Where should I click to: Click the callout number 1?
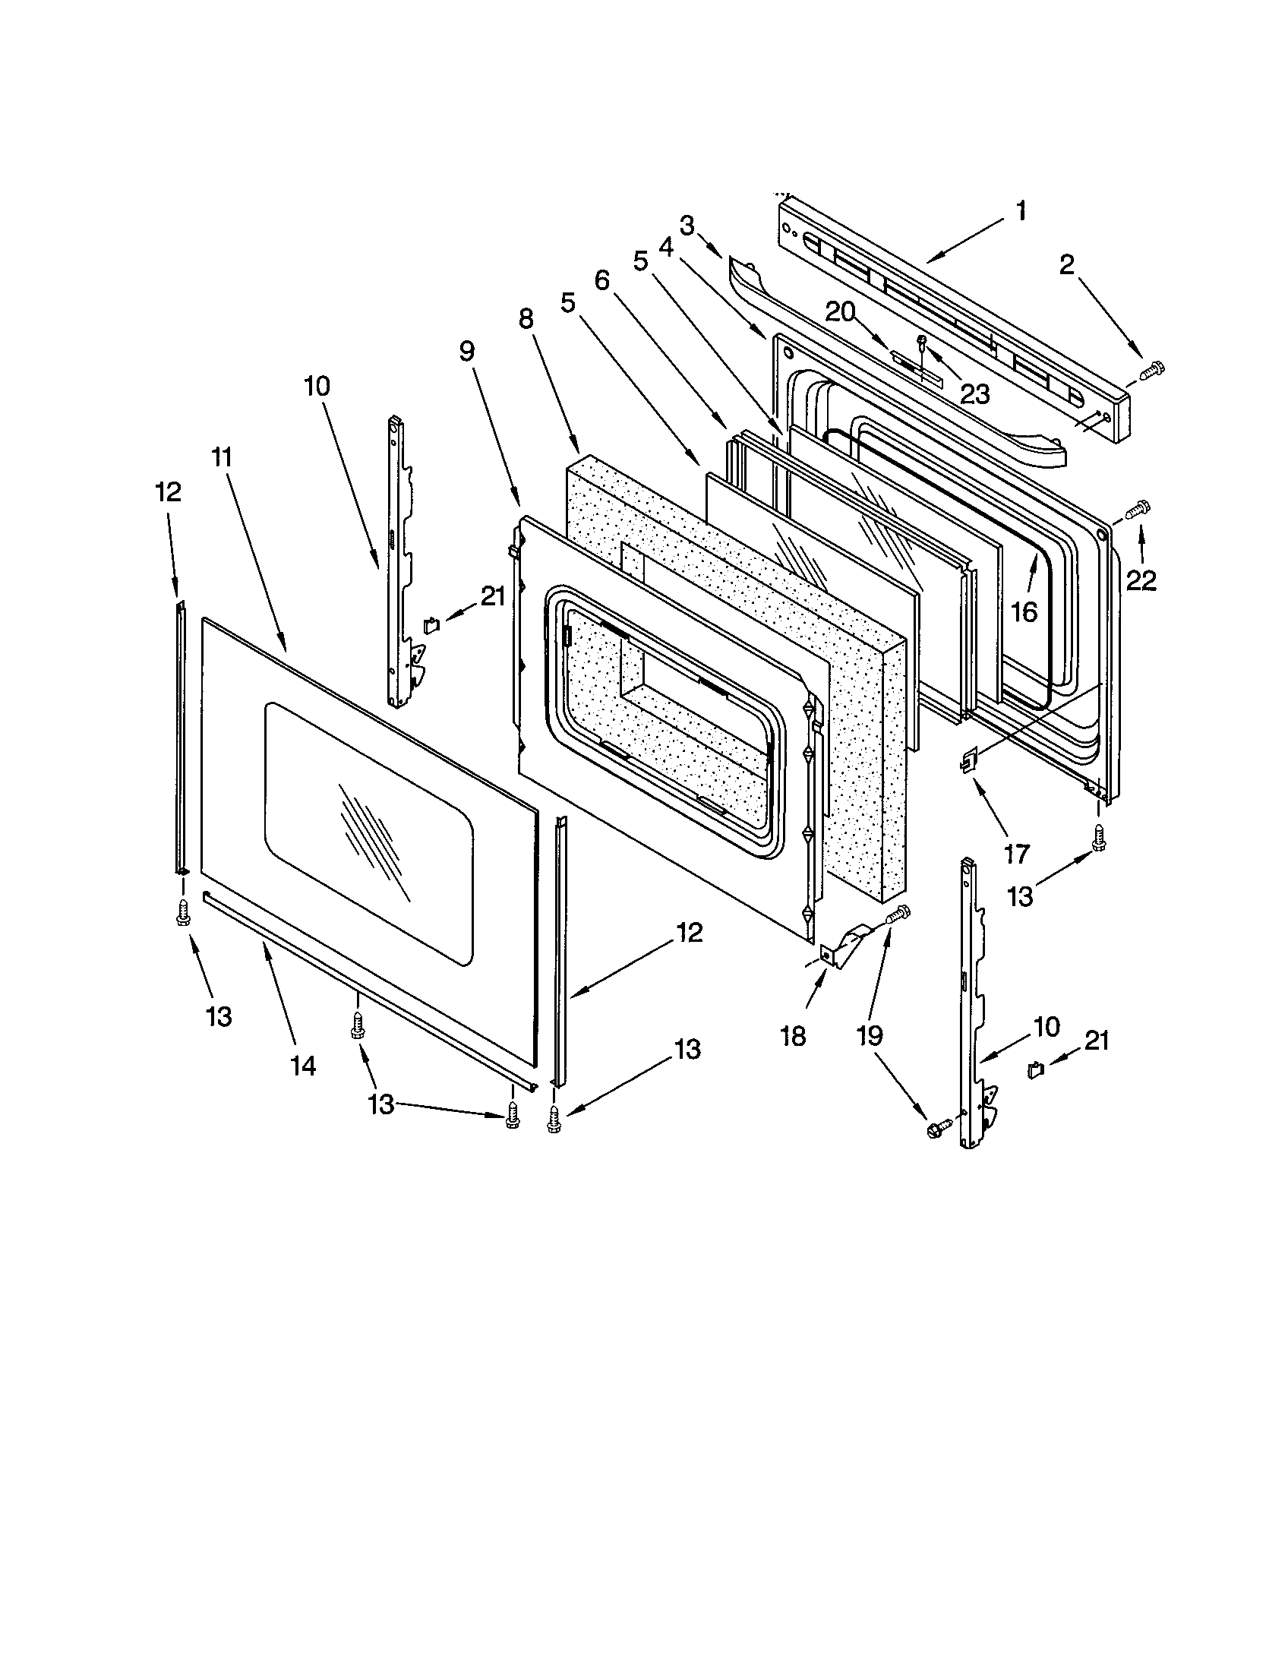tap(1022, 211)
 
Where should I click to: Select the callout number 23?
tap(974, 394)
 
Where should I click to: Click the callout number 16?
tap(1024, 611)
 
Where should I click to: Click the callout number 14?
tap(303, 1065)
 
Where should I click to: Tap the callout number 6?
tap(602, 281)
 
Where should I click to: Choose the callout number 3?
tap(687, 226)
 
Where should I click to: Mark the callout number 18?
tap(793, 1037)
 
